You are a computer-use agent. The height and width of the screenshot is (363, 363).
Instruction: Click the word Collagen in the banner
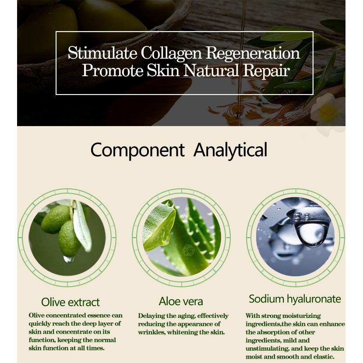pos(171,53)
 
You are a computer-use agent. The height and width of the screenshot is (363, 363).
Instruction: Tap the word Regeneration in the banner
pos(253,53)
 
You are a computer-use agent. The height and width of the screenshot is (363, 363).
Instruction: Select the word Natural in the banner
pos(211,70)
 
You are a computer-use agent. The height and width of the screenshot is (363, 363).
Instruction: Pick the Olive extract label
pos(70,302)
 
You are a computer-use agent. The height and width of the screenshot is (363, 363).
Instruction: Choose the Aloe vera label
pos(181,301)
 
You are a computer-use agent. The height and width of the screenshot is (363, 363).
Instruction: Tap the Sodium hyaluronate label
pos(295,299)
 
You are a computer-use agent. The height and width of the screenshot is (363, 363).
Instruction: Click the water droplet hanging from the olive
pos(68,259)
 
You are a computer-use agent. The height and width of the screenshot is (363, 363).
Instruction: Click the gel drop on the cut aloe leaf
pos(165,237)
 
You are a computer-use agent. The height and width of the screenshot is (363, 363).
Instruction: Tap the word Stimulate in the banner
pos(102,53)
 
